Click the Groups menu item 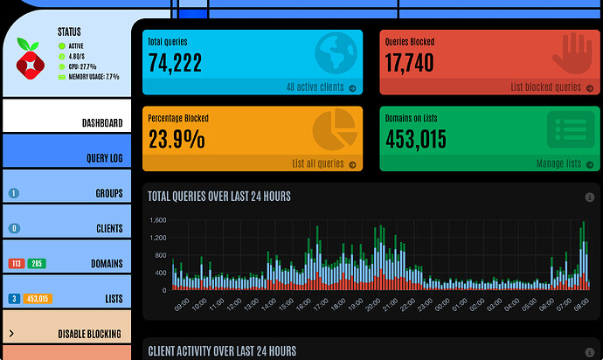point(108,193)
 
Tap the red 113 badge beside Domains point(17,263)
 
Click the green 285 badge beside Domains point(37,263)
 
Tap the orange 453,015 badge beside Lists point(37,298)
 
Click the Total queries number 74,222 point(176,62)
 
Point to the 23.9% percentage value point(177,138)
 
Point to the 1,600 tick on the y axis point(157,220)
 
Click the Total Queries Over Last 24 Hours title point(219,197)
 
